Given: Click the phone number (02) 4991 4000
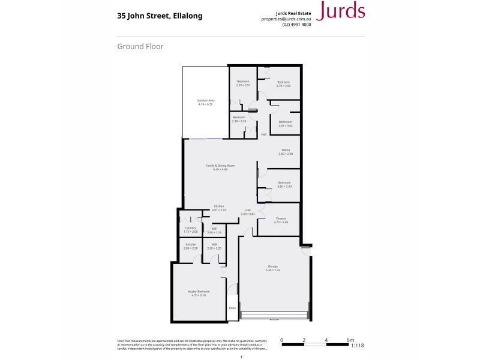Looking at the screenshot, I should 296,25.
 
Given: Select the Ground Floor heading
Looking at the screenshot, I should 140,46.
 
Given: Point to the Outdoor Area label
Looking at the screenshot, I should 206,100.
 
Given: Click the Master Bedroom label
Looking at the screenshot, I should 199,292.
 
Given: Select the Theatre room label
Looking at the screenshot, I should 281,218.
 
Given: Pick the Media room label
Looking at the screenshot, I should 286,150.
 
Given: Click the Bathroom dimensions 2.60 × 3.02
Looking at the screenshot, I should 286,126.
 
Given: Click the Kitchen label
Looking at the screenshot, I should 218,206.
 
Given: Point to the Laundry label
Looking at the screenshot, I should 191,227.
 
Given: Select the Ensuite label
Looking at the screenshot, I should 191,244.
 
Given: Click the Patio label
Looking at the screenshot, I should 232,308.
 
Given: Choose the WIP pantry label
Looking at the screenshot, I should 214,229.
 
